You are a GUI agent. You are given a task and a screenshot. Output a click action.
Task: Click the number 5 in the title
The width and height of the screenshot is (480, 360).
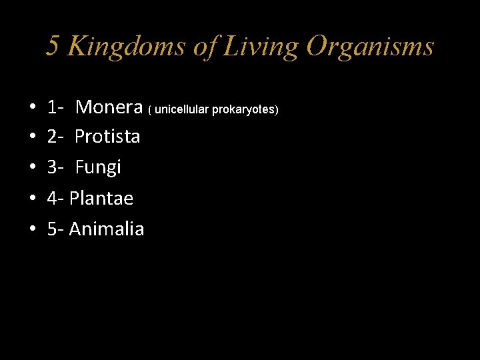(x=53, y=47)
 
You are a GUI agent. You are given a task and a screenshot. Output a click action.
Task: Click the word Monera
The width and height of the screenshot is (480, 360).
(x=109, y=107)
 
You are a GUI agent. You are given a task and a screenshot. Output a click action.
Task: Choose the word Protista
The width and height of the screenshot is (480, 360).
(x=107, y=137)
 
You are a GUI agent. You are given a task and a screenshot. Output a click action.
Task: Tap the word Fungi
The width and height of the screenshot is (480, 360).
(x=98, y=167)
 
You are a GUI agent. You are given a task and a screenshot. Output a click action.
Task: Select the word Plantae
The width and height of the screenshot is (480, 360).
(x=101, y=198)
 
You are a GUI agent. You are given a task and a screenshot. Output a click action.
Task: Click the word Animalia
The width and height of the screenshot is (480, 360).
(x=107, y=229)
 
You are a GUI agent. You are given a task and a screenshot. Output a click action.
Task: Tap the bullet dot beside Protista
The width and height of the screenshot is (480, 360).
(x=32, y=137)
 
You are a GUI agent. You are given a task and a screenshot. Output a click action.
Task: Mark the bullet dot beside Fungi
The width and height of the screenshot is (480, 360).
(x=32, y=168)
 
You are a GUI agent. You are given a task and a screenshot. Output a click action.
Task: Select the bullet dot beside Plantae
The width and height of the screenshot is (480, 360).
(x=32, y=199)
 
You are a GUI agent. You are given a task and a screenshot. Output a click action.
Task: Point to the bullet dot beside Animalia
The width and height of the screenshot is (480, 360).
(x=32, y=229)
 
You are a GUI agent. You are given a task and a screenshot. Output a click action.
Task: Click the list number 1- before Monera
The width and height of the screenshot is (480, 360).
(x=55, y=107)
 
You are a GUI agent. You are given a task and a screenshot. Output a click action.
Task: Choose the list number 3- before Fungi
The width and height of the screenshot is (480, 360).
(x=55, y=167)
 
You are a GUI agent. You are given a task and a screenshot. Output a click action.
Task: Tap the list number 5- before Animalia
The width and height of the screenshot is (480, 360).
(x=55, y=229)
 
